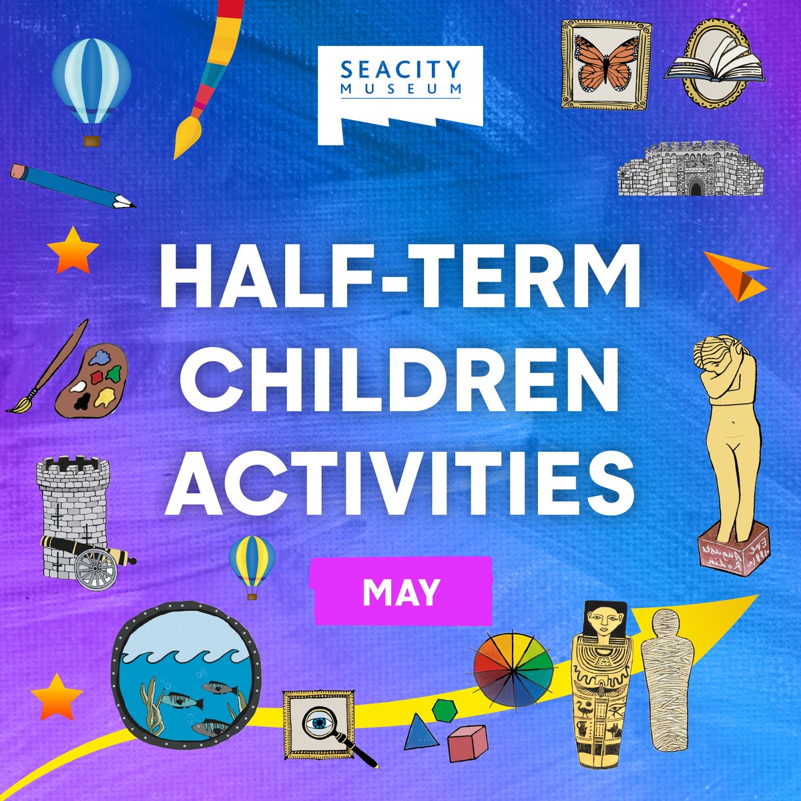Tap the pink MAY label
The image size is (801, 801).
[x=403, y=591]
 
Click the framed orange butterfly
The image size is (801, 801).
[x=605, y=64]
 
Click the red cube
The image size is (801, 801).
[x=467, y=743]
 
